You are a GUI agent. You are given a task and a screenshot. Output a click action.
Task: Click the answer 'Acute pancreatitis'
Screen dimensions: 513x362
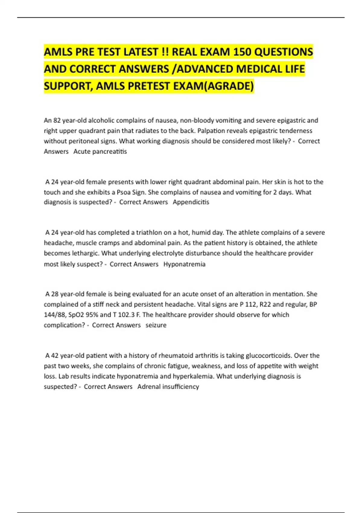(100, 151)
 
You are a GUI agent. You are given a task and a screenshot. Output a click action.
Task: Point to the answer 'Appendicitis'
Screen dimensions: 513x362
(191, 202)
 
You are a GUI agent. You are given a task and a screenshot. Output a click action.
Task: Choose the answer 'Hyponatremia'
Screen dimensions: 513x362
(184, 264)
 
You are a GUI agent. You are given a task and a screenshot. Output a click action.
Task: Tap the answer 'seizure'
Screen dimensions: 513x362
(156, 325)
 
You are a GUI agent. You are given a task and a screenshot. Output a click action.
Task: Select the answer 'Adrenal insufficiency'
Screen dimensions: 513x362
(168, 387)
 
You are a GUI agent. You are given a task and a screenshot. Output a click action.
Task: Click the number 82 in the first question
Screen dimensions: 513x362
(57, 121)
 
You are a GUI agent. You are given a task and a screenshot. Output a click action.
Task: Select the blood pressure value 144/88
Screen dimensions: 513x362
(55, 315)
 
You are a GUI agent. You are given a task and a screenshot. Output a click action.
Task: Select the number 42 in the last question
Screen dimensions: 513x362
(55, 356)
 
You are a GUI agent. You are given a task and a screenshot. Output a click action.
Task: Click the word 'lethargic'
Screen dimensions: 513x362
(85, 253)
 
